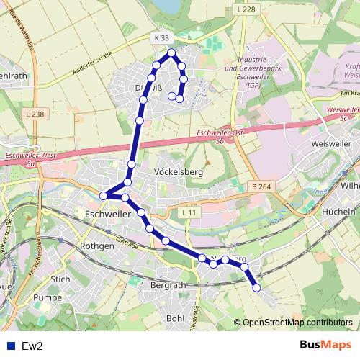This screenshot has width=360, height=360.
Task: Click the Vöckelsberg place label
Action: [x=179, y=173]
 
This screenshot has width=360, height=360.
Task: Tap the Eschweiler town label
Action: [x=109, y=215]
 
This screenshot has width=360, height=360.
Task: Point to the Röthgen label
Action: [x=99, y=246]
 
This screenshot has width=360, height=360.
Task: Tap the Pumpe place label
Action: [x=49, y=297]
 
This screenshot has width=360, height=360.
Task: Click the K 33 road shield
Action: [x=161, y=37]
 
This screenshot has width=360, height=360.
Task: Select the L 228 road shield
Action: [x=245, y=9]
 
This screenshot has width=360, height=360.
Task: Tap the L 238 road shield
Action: [x=33, y=114]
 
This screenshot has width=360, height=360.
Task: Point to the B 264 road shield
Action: [x=262, y=186]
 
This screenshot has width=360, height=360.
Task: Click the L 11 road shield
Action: [x=189, y=212]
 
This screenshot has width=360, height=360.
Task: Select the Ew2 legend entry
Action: [x=32, y=346]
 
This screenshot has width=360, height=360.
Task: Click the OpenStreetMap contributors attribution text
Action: [x=297, y=323]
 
